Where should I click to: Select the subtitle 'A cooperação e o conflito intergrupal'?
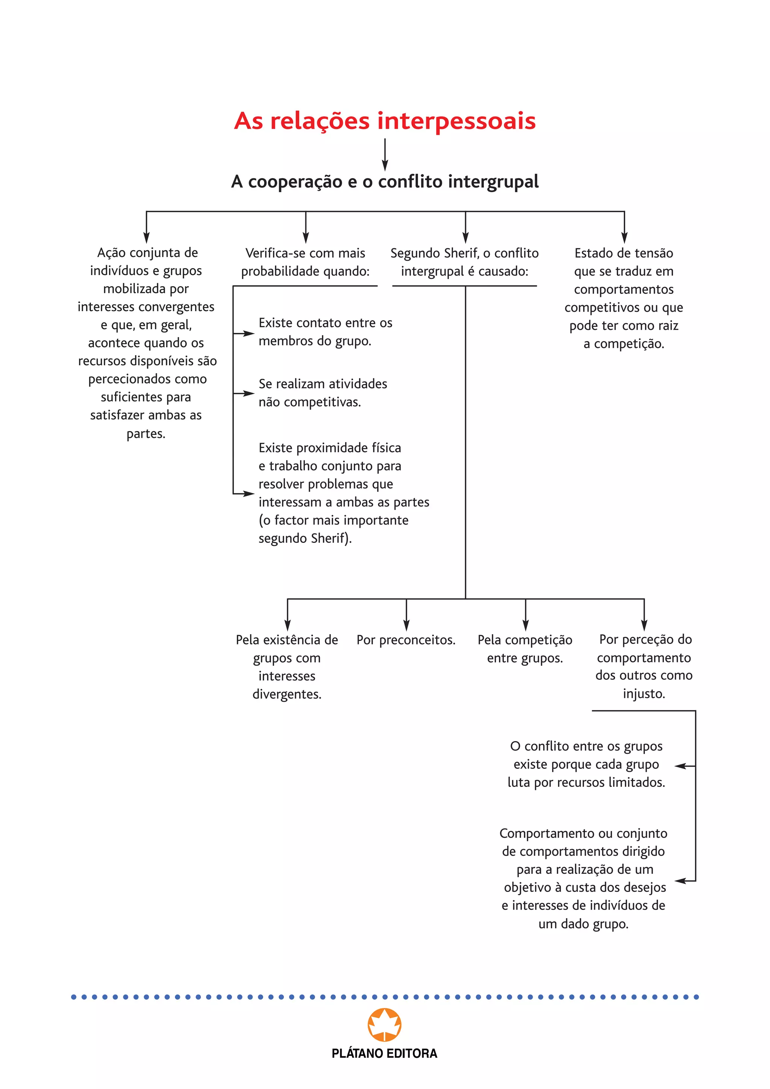pyautogui.click(x=385, y=182)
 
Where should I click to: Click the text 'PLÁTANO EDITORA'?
pyautogui.click(x=385, y=1053)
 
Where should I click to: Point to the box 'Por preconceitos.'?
pyautogui.click(x=406, y=640)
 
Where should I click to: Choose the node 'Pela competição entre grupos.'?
pyautogui.click(x=525, y=649)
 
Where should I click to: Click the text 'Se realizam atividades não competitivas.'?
pyautogui.click(x=323, y=393)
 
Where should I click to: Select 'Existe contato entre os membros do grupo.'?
pyautogui.click(x=325, y=331)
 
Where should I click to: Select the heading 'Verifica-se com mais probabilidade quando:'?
pyautogui.click(x=305, y=262)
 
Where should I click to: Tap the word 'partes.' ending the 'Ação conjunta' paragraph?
pyautogui.click(x=146, y=433)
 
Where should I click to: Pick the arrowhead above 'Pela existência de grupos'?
pyautogui.click(x=287, y=625)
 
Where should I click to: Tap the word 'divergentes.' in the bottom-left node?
pyautogui.click(x=287, y=694)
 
